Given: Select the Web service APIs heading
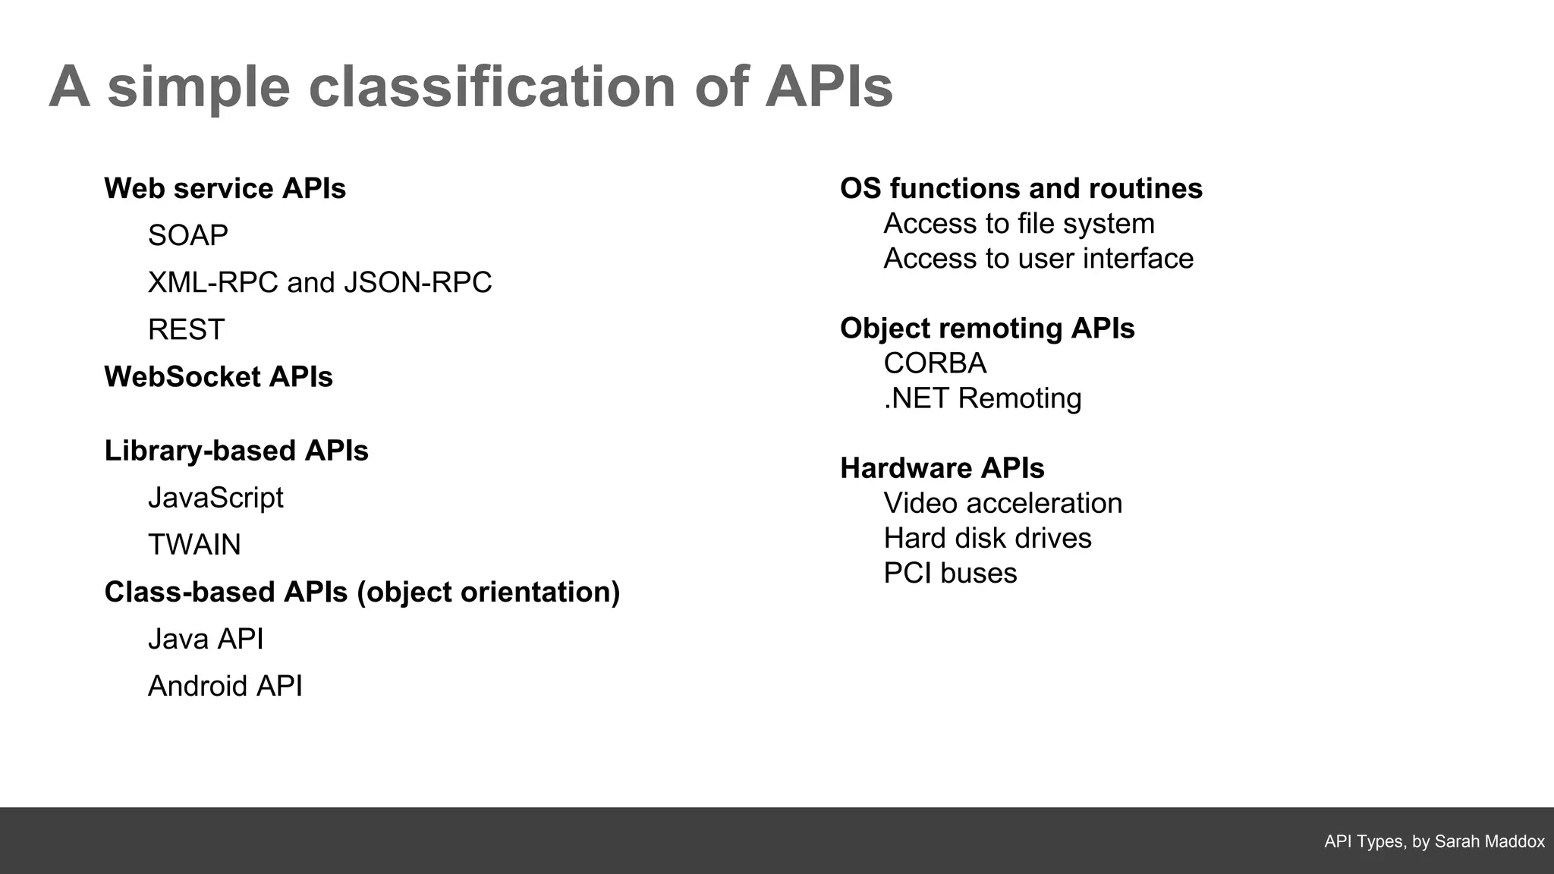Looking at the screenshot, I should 225,188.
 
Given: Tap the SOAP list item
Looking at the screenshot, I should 187,235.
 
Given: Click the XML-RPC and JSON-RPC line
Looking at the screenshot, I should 319,282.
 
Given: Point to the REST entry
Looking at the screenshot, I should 186,329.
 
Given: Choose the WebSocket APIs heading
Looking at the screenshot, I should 219,376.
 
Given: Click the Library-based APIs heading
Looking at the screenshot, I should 236,451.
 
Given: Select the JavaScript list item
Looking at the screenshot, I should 215,498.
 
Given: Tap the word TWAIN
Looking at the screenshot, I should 194,545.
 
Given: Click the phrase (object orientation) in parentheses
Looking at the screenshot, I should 488,592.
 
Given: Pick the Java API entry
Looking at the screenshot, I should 206,639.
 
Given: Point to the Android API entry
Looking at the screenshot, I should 225,686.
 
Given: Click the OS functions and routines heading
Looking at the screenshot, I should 1021,188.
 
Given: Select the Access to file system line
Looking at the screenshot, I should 1018,224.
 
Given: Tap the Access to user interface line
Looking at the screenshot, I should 1038,259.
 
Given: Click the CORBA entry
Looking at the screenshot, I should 935,363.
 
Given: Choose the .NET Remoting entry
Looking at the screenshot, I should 983,398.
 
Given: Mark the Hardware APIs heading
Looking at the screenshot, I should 942,468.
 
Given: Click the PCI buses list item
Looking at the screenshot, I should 950,574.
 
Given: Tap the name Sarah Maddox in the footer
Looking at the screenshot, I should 1489,841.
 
